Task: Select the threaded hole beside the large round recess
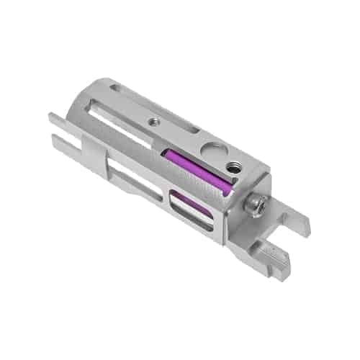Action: pyautogui.click(x=232, y=167)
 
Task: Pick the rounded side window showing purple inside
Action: pyautogui.click(x=190, y=212)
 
